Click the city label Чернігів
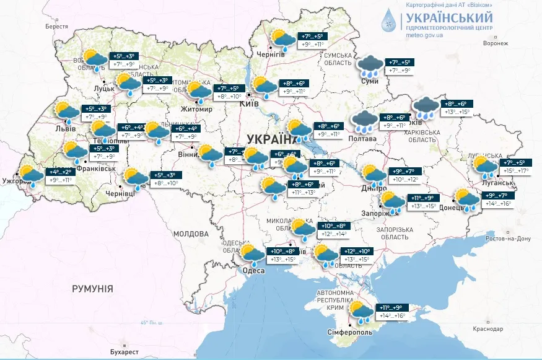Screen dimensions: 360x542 [x=273, y=55]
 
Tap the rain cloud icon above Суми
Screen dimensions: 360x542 [x=370, y=65]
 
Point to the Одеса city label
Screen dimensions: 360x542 [x=254, y=271]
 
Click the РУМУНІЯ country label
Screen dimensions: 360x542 [x=92, y=289]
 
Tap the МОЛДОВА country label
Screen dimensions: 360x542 [x=191, y=234]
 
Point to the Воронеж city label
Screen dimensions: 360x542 [x=495, y=43]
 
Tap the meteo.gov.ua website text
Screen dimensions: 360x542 [x=424, y=35]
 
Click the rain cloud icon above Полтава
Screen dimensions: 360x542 [x=364, y=121]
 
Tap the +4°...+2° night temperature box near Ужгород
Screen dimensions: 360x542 [x=62, y=172]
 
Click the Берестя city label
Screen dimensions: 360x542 [x=56, y=27]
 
